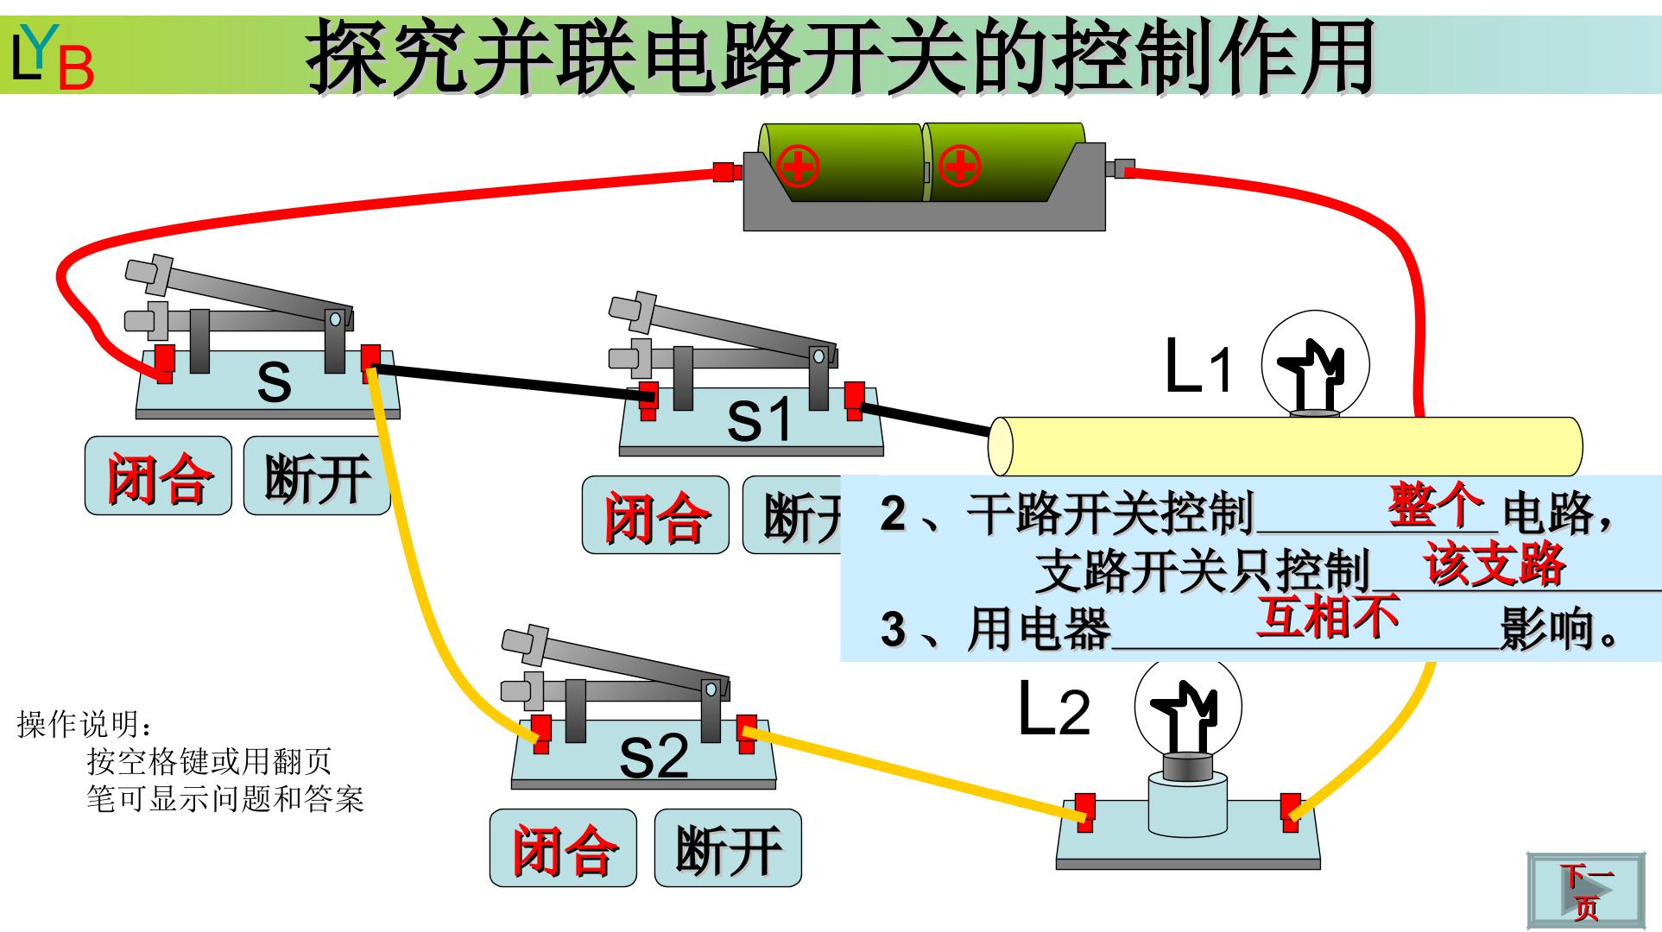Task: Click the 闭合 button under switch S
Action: [x=158, y=475]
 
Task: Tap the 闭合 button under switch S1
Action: [x=655, y=515]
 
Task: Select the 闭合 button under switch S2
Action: [x=563, y=848]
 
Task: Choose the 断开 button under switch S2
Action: [x=728, y=848]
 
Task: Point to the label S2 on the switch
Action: [x=654, y=757]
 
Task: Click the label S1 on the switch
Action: [x=759, y=420]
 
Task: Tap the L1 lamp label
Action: [x=1198, y=367]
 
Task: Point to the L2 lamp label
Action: [x=1054, y=709]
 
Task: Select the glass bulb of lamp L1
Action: [x=1316, y=363]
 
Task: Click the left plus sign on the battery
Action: [x=798, y=166]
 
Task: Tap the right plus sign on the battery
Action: [x=959, y=166]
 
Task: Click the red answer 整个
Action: [x=1436, y=505]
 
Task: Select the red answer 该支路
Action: [x=1495, y=564]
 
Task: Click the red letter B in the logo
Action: [x=76, y=67]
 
